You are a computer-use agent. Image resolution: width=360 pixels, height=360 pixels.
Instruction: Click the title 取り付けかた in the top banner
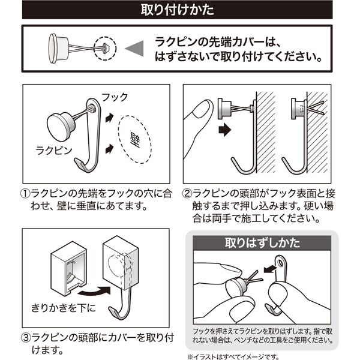180,10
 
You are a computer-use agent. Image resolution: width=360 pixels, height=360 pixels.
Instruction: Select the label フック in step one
113,97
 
